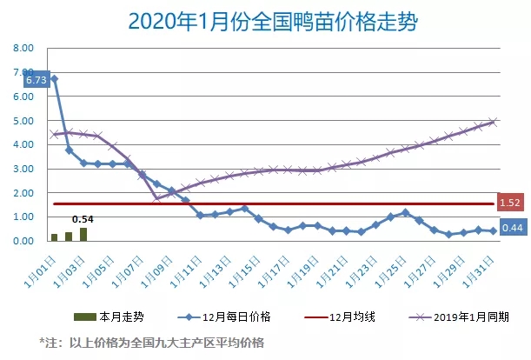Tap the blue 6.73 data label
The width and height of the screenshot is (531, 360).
click(36, 80)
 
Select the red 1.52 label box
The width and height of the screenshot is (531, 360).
click(510, 203)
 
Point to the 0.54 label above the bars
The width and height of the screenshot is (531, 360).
click(83, 218)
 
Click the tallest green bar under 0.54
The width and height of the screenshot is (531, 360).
click(83, 233)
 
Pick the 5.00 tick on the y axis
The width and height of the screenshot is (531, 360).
click(23, 121)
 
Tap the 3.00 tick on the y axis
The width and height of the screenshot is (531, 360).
click(23, 169)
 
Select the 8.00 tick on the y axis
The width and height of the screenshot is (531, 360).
click(23, 50)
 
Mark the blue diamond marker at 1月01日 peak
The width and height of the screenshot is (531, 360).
click(55, 79)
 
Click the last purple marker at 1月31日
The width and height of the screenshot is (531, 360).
click(493, 122)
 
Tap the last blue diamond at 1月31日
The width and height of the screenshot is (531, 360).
click(493, 230)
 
